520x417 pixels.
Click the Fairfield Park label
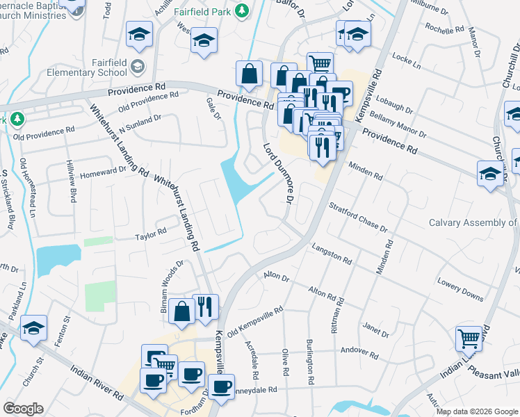coord(202,11)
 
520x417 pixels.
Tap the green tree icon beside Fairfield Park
coord(242,11)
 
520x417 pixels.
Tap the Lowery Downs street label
coord(460,290)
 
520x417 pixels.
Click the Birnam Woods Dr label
coord(172,286)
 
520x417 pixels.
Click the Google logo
coord(23,409)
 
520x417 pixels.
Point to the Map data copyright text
coord(476,411)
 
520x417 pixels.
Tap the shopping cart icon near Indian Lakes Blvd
coord(469,338)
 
